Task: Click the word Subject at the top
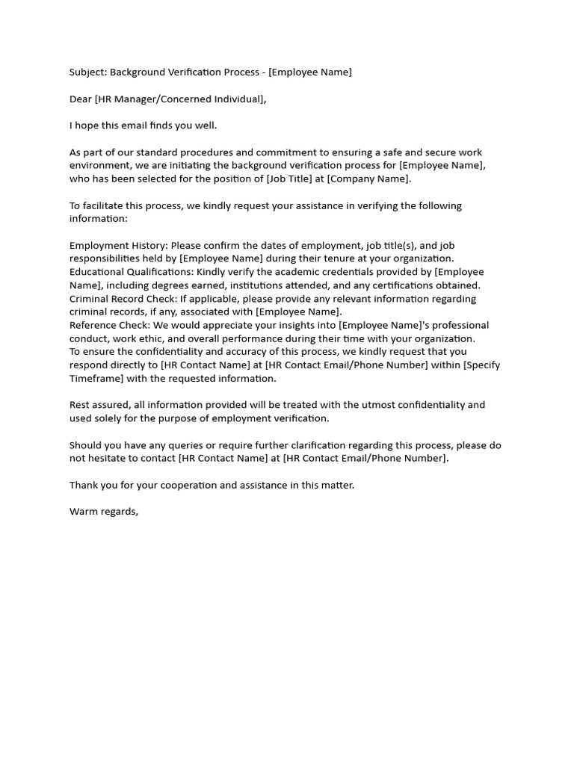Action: point(88,72)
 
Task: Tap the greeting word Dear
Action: point(81,99)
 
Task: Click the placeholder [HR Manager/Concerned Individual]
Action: point(180,99)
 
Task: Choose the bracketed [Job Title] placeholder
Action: point(296,179)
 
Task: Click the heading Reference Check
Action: point(109,326)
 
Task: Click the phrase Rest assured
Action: point(100,405)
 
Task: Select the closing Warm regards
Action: point(104,512)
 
